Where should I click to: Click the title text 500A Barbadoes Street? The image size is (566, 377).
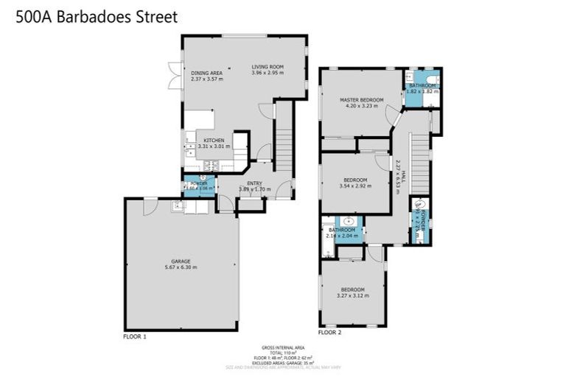pos(97,17)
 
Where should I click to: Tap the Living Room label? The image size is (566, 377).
pos(268,66)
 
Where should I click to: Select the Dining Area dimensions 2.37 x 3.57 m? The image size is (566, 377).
pos(206,80)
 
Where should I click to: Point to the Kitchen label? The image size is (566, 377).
pos(214,140)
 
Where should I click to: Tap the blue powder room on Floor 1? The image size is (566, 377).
pos(200,186)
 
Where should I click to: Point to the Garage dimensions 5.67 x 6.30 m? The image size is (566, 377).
pos(181,267)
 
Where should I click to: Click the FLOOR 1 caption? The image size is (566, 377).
pos(135,336)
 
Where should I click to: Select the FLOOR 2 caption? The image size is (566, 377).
pos(329,332)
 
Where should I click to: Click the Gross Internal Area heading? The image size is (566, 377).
pos(282,347)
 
